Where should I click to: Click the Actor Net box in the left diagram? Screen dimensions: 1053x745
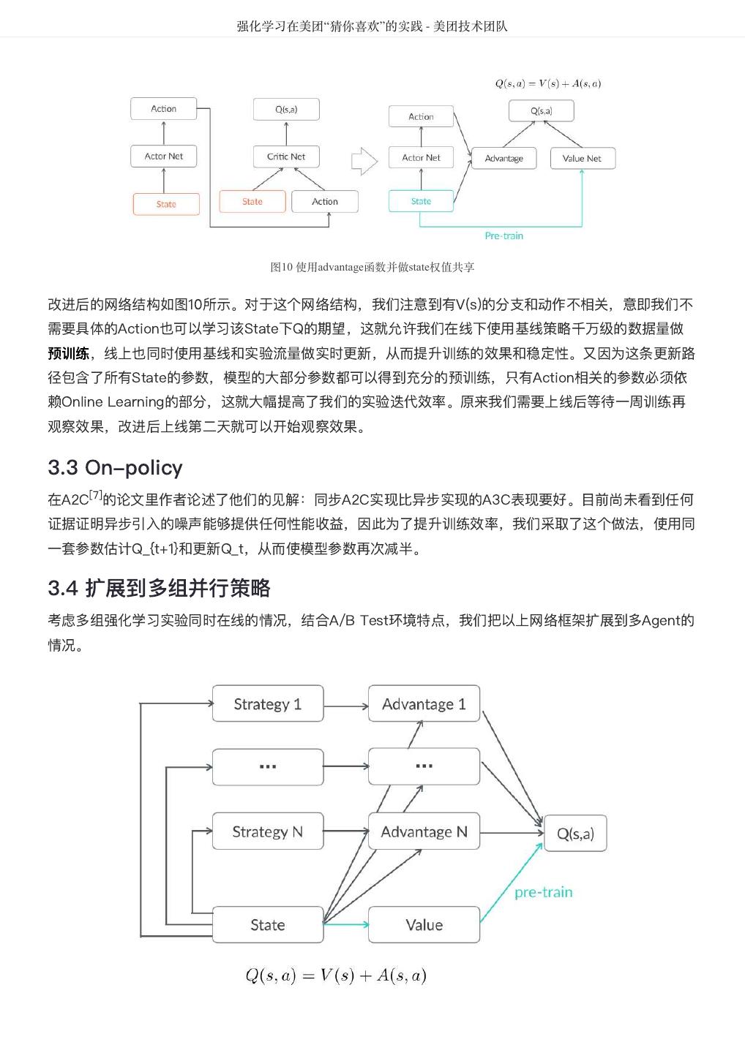point(164,156)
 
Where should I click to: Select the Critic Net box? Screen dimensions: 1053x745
point(286,156)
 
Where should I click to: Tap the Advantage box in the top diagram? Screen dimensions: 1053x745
point(503,158)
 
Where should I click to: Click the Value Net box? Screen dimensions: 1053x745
point(582,158)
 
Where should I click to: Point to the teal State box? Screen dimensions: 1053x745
point(421,201)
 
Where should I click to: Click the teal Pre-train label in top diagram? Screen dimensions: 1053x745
point(504,236)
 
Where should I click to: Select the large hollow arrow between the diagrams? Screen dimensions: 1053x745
point(364,162)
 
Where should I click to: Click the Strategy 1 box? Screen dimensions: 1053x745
point(267,704)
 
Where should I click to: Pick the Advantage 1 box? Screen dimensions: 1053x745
point(424,704)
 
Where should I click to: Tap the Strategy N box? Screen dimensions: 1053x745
point(267,831)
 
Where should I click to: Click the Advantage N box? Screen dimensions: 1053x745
point(424,831)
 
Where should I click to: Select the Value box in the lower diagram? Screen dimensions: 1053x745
point(424,925)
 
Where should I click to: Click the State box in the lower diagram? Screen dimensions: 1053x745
point(267,925)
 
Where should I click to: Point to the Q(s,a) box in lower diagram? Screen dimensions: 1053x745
point(575,834)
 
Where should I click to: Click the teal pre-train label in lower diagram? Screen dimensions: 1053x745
point(543,892)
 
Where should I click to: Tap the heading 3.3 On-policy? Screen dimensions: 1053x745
point(115,468)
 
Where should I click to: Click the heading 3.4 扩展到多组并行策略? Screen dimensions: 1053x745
point(159,588)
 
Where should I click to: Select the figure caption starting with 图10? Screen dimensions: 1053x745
point(372,268)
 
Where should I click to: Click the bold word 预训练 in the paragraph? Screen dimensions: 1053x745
point(69,354)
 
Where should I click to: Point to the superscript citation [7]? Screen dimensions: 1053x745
point(95,495)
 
